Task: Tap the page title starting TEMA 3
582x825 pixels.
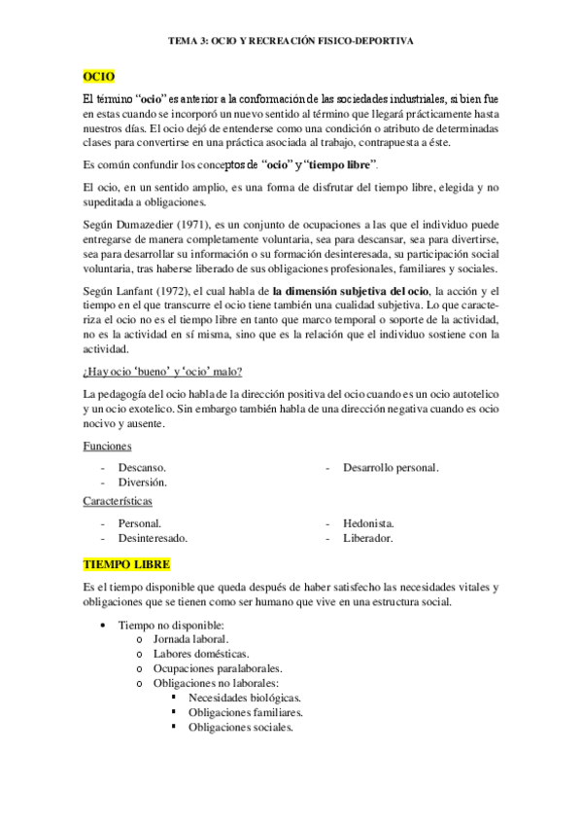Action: [x=291, y=42]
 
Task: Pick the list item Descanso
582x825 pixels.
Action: [x=142, y=468]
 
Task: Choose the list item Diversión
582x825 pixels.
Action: [x=143, y=482]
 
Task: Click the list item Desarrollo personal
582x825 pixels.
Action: [x=390, y=468]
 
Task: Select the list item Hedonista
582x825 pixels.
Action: [x=368, y=522]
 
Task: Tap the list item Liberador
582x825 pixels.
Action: [x=367, y=537]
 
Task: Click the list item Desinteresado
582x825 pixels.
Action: [x=153, y=537]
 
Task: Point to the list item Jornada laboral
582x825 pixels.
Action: [x=190, y=639]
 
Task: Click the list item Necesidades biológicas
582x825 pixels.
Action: [x=245, y=698]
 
